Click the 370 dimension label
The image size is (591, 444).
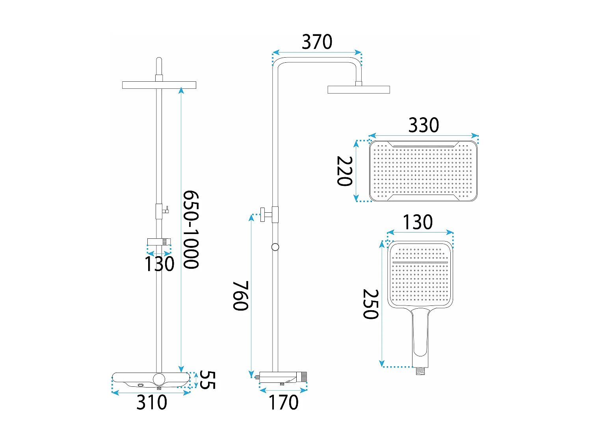(317, 42)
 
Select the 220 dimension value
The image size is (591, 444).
(345, 171)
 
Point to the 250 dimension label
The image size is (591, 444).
(371, 304)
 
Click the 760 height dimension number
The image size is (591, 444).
(240, 296)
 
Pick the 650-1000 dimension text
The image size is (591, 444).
(191, 229)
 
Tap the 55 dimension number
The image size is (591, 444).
(208, 380)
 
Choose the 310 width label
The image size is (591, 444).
(152, 402)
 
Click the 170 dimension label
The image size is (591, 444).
(284, 402)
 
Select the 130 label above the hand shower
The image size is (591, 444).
(418, 222)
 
